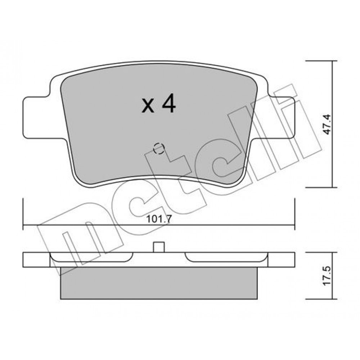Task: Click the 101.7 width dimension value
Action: coord(159,219)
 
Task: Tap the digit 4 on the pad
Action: coord(169,104)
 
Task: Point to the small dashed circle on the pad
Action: coord(158,149)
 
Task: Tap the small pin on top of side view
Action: coord(159,247)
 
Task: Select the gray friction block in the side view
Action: coord(159,283)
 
